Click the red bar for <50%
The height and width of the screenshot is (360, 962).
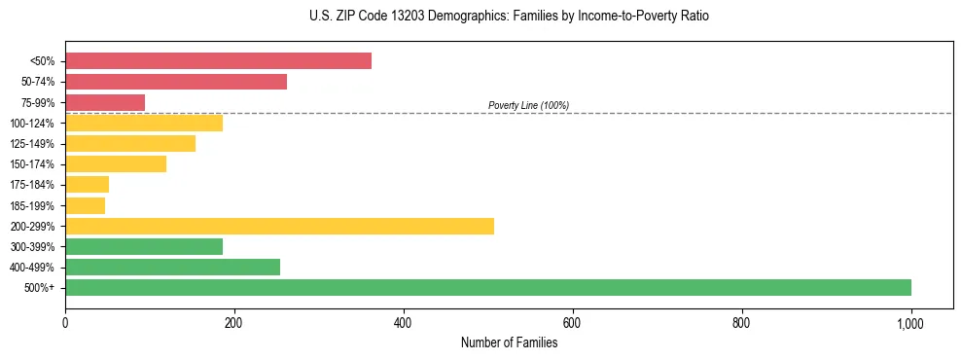point(218,61)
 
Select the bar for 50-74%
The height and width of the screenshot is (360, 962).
point(176,82)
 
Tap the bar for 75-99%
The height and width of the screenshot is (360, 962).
point(105,102)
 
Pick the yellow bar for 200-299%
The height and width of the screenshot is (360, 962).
point(279,226)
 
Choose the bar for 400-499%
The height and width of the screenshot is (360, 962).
point(172,267)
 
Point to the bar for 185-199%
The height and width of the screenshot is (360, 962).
point(85,205)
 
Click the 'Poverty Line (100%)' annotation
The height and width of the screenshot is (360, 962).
point(528,105)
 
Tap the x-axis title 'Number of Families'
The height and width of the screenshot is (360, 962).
point(509,342)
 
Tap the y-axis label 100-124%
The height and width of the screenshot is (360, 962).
point(32,124)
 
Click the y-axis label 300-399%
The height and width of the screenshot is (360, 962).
point(32,247)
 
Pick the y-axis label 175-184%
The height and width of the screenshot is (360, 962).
point(32,185)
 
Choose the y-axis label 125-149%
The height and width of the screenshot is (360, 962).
point(32,144)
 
